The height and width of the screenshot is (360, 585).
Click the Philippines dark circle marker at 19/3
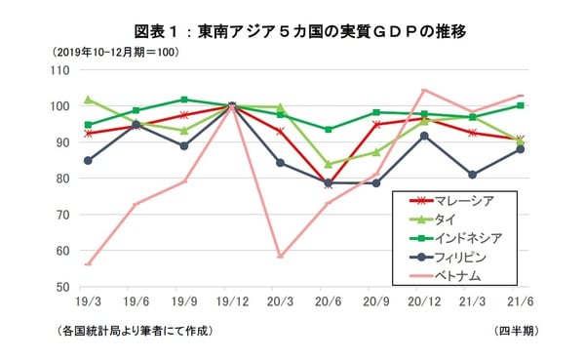pyautogui.click(x=89, y=160)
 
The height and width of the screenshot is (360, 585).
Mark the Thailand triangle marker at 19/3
pyautogui.click(x=89, y=100)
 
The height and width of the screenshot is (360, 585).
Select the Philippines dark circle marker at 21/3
pyautogui.click(x=472, y=175)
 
